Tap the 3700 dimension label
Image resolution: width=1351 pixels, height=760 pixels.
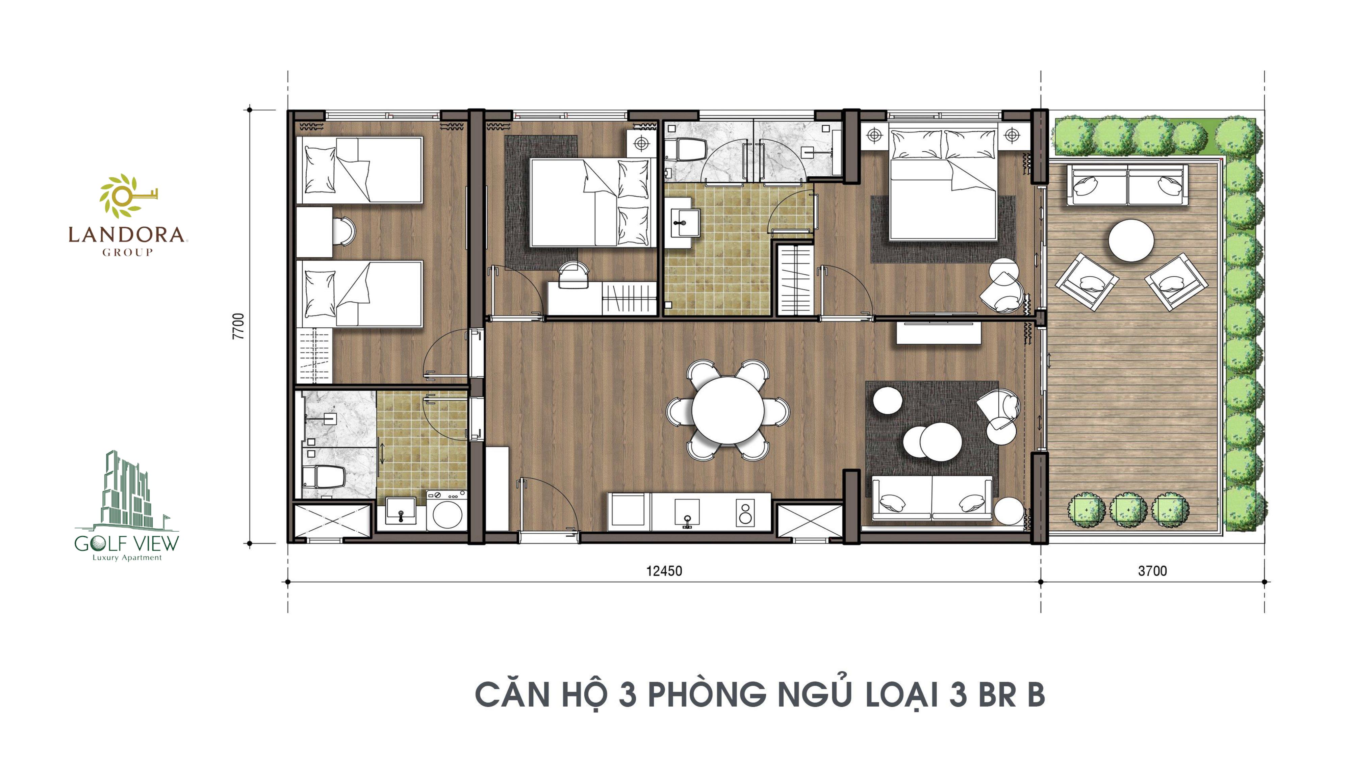pos(1152,571)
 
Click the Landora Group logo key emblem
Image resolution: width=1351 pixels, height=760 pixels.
pos(126,196)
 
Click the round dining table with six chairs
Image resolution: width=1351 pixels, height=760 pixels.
pos(728,410)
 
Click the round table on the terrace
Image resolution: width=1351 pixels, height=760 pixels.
pos(1131,240)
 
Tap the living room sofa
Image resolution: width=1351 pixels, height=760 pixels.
pos(932,498)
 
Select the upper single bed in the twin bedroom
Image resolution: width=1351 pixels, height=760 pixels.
pos(359,170)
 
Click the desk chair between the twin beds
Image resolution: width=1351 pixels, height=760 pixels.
pos(343,231)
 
